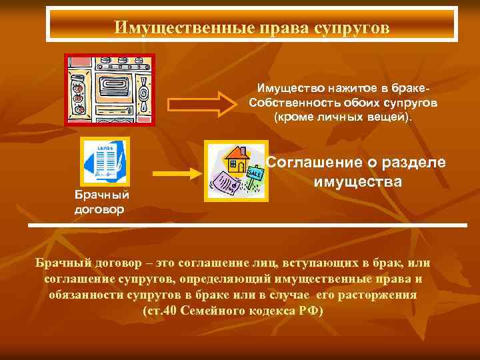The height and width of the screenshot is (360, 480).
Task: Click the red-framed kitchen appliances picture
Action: pyautogui.click(x=109, y=89)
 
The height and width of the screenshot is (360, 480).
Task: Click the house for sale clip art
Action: pyautogui.click(x=235, y=171)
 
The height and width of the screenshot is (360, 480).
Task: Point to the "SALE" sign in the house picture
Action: pyautogui.click(x=254, y=173)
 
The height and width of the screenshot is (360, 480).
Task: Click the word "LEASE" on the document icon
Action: pyautogui.click(x=104, y=147)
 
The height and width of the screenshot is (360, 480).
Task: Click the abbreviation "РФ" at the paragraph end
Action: pyautogui.click(x=311, y=311)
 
